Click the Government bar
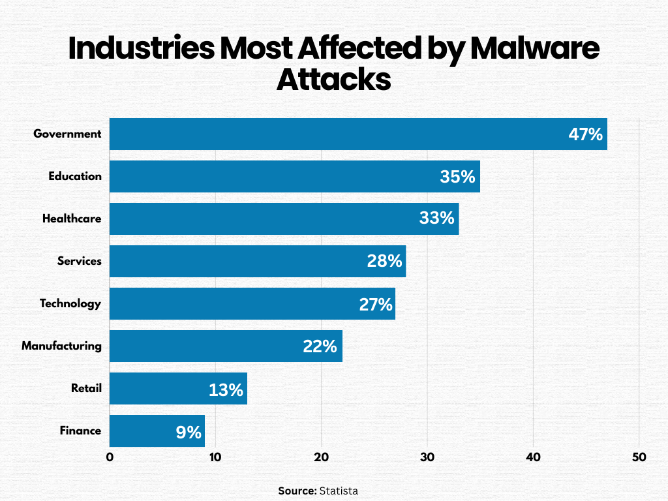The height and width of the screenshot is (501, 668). point(358,134)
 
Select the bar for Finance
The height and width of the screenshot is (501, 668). point(157,431)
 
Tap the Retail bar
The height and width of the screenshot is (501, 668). point(178,389)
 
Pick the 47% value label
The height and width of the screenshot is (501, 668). point(585,134)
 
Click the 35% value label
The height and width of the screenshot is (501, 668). point(457,176)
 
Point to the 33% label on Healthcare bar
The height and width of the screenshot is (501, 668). point(436,219)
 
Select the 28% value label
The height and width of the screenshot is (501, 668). point(384,261)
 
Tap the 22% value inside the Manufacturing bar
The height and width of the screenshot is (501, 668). point(320,346)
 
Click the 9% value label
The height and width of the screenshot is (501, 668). point(189,431)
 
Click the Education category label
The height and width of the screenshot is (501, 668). point(75,176)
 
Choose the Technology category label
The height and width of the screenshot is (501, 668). point(70,303)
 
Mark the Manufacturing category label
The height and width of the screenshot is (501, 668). point(61,346)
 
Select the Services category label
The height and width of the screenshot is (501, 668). point(80,261)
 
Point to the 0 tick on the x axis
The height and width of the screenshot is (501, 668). point(110,457)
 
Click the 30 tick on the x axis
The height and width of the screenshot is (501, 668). point(427,457)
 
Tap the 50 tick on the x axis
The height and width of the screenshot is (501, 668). point(639,457)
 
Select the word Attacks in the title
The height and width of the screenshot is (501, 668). point(333,80)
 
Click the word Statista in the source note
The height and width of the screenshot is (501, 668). point(339,491)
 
